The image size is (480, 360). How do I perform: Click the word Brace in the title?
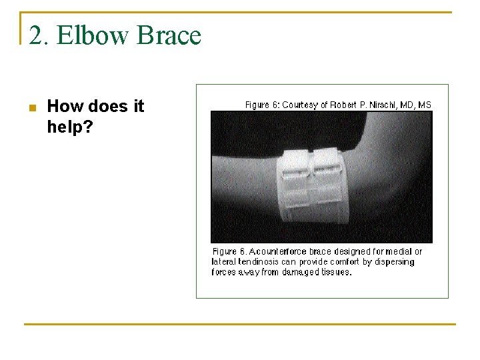pos(168,35)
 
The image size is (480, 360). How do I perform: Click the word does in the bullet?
pos(107,106)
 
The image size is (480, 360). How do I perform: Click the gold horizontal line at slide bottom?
pos(240,324)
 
